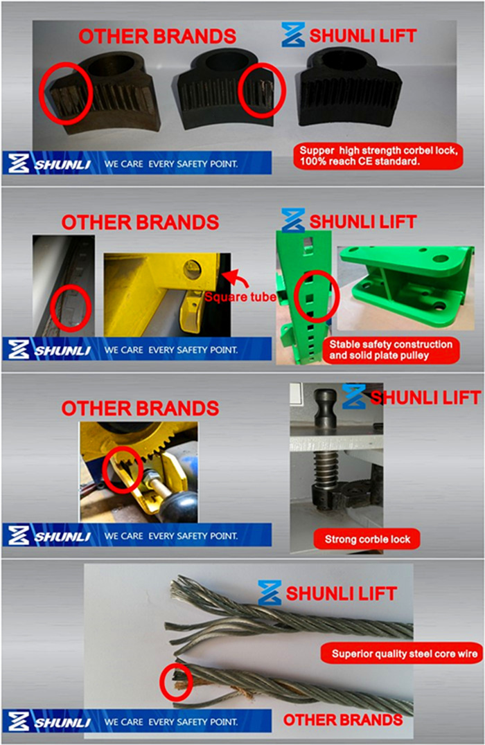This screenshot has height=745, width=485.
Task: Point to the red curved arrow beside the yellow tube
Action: coord(238,277)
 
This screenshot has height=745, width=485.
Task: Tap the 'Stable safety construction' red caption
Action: coord(391,350)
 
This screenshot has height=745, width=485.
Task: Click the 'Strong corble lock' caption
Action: coord(368,539)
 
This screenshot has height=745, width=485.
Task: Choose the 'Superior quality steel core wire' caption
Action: coord(400,653)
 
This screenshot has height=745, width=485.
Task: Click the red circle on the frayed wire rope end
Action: coord(176,682)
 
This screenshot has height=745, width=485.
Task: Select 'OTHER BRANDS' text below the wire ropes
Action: coord(342,720)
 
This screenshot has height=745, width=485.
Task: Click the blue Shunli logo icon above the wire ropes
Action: coord(269,593)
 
